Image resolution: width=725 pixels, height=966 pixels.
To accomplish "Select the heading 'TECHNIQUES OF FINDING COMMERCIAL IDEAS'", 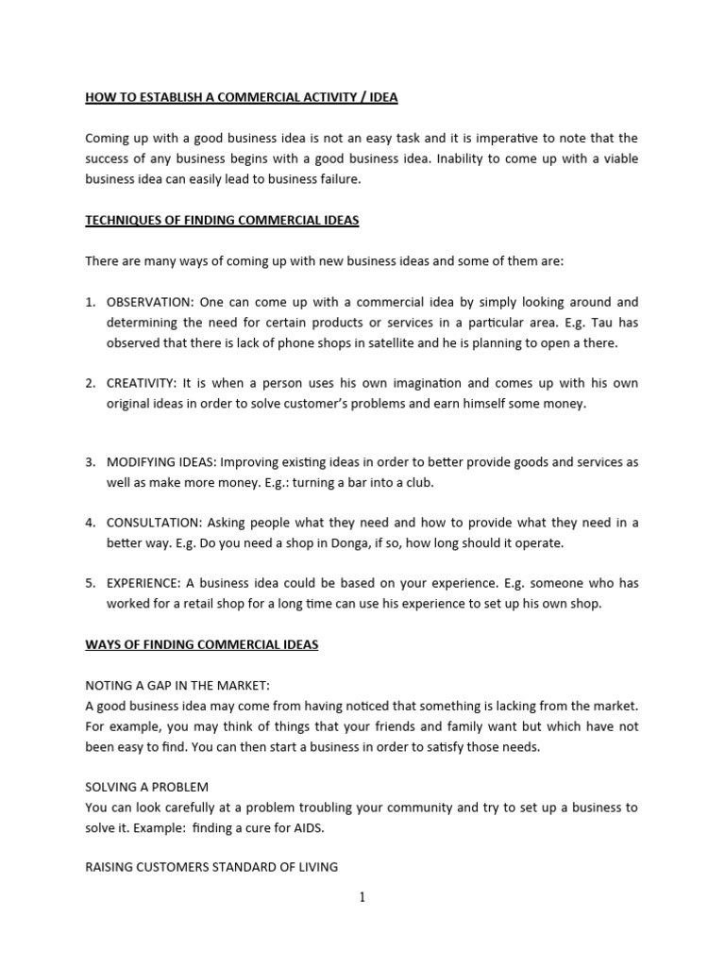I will [x=222, y=221].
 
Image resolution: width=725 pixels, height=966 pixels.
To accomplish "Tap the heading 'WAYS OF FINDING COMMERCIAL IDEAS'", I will [x=202, y=644].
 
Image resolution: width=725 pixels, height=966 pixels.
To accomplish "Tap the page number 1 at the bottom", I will [x=362, y=897].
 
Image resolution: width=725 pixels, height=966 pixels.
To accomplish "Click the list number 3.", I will [x=90, y=462].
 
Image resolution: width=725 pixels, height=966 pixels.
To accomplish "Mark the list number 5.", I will [x=90, y=583].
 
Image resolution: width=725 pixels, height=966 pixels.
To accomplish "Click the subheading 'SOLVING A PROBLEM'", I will [x=146, y=786].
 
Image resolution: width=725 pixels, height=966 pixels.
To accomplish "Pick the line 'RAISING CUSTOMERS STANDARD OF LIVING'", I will [x=211, y=867].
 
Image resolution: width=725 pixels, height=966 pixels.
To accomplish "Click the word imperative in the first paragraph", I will [x=497, y=139].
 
